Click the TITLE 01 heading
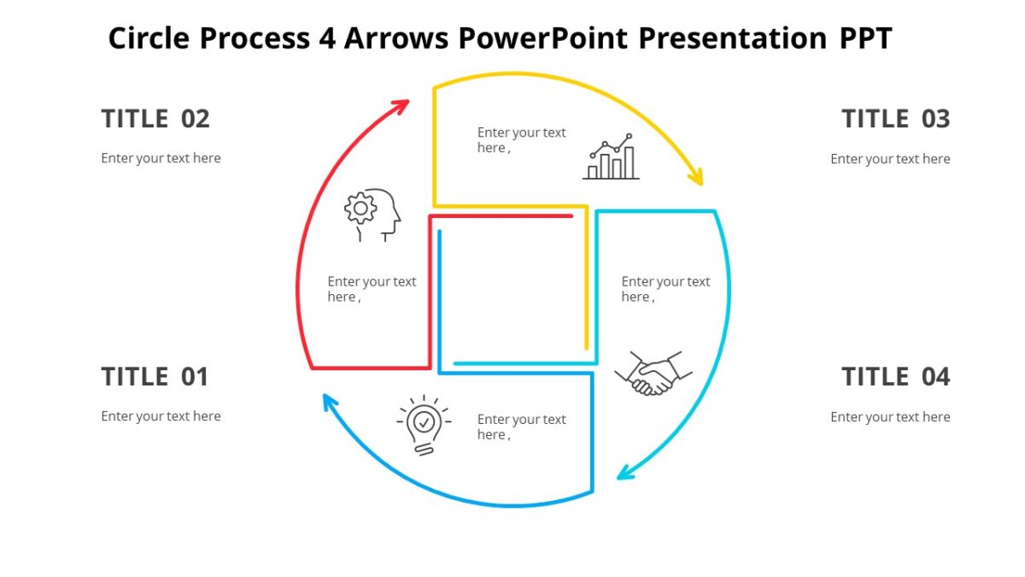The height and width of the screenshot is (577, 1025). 155,377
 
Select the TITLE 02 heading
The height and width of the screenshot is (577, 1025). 155,119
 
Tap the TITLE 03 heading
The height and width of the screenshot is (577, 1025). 895,119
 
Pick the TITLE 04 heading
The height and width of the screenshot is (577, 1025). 895,377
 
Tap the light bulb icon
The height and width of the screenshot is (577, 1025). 423,424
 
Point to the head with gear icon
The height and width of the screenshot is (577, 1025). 372,215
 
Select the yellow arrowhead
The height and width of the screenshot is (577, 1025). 696,177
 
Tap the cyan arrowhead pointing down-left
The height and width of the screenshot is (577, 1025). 626,472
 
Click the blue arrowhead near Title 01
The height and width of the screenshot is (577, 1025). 330,400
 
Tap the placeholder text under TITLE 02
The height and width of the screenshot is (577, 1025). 161,158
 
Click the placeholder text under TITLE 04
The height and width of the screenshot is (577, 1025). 890,417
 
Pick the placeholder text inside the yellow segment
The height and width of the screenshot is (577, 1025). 521,140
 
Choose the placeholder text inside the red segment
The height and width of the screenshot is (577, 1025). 372,289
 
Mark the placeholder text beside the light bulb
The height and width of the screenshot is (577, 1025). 521,427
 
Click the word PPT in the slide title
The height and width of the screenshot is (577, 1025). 864,38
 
